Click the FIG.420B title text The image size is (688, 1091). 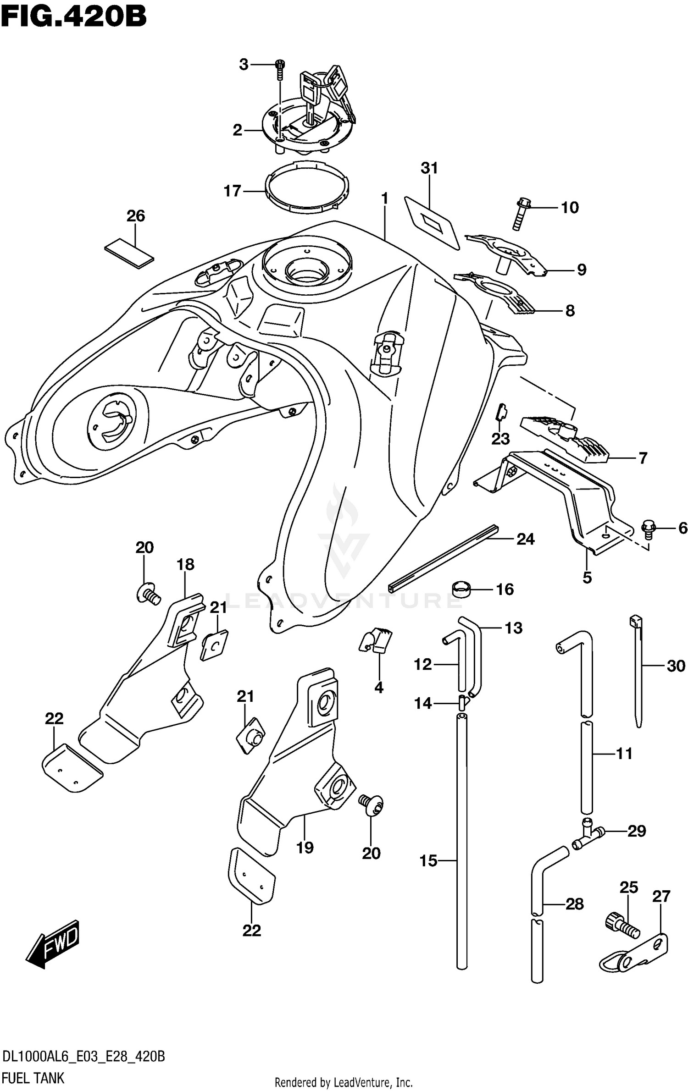[73, 17]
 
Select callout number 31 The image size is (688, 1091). [429, 168]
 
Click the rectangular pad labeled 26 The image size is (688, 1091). [129, 252]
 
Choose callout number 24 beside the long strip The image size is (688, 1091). [525, 539]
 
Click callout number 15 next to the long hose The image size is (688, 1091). [428, 861]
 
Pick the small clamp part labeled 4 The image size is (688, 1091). [376, 640]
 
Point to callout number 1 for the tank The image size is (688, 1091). [384, 198]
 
